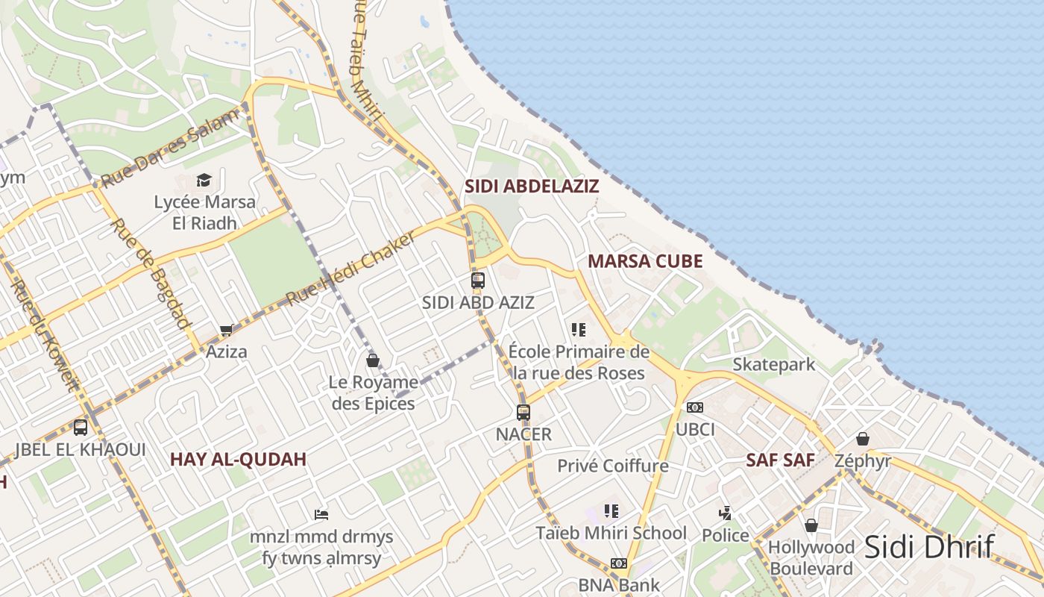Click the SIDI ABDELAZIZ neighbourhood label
[532, 186]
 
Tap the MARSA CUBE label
[645, 261]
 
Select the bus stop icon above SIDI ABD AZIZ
[478, 281]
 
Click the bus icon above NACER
[523, 412]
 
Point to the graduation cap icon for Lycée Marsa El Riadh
[204, 180]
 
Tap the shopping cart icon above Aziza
[227, 330]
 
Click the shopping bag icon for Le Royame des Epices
[373, 360]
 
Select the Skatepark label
[774, 365]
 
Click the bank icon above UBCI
[695, 407]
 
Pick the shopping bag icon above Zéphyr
[863, 438]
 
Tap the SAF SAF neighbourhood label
[780, 460]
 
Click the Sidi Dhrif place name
[929, 547]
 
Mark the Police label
[726, 535]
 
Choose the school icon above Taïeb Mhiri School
[611, 511]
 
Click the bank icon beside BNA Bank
[619, 563]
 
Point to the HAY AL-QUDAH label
[238, 459]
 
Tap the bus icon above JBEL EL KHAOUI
[81, 428]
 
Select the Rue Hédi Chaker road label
[351, 267]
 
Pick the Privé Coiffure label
[613, 466]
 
